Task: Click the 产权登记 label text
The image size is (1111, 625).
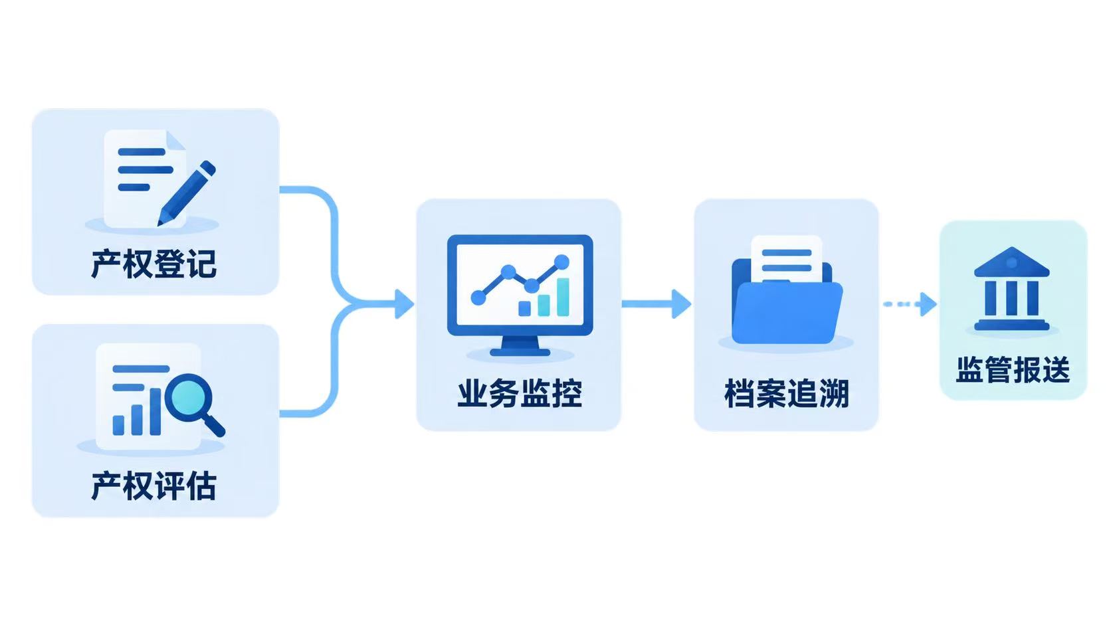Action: (153, 264)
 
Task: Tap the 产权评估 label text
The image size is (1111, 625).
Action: (153, 486)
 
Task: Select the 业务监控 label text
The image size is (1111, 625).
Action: (520, 394)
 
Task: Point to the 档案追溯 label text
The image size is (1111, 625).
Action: (787, 394)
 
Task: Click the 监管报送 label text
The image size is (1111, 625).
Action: (1013, 369)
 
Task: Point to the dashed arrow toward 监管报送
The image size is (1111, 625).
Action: (910, 304)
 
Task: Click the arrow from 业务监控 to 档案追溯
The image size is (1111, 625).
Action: (656, 304)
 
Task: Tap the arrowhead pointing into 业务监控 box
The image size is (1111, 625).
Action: (404, 304)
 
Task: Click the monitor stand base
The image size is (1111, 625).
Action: (520, 353)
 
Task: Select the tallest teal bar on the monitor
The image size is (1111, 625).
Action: (563, 297)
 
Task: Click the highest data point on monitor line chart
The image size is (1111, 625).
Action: (561, 262)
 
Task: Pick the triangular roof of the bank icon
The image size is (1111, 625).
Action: (1012, 262)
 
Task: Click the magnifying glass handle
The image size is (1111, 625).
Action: (214, 425)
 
